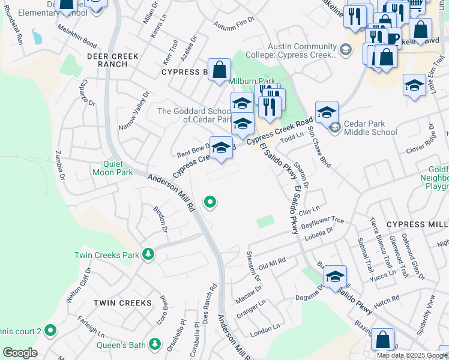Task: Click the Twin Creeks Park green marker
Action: (148, 255)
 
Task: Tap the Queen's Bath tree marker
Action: (155, 344)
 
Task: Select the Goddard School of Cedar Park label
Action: (194, 115)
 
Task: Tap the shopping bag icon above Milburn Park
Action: (220, 69)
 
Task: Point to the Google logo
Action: (20, 353)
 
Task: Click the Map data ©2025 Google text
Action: (411, 355)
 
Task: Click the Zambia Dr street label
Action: (59, 165)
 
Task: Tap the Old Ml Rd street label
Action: (271, 263)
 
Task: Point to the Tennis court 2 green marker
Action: (50, 330)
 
